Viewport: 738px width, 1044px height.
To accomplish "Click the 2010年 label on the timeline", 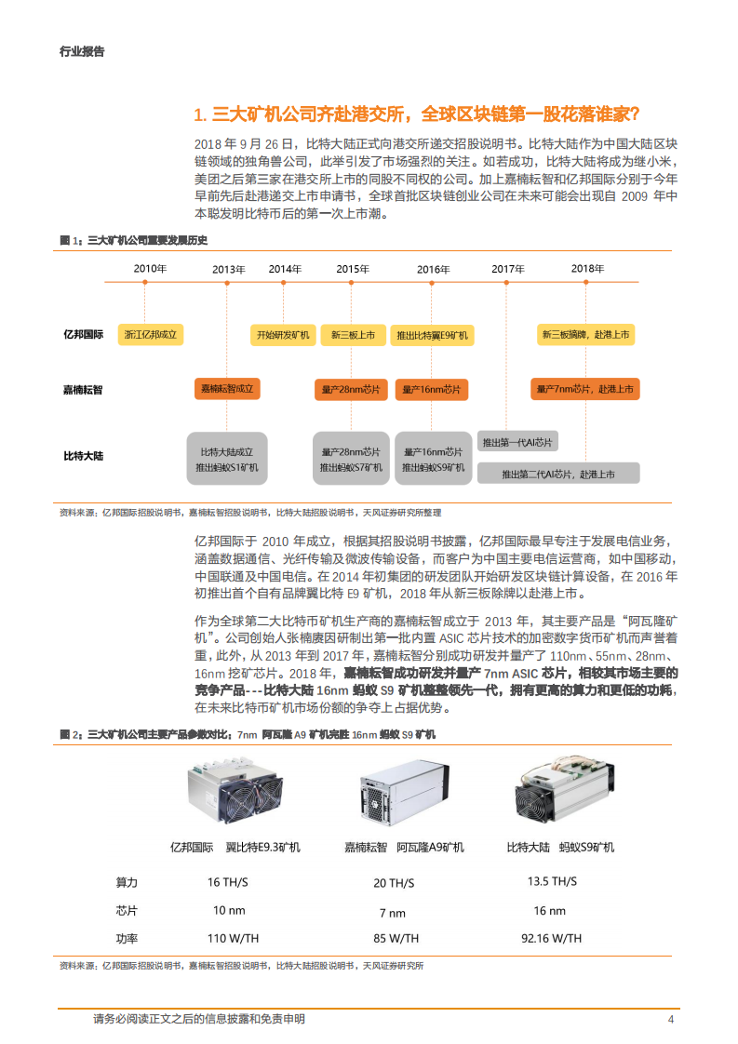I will [x=149, y=269].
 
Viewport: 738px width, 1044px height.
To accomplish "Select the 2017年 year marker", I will [x=508, y=269].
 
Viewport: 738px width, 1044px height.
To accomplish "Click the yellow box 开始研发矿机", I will [x=281, y=334].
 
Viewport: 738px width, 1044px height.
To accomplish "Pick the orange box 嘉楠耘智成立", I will [x=228, y=390].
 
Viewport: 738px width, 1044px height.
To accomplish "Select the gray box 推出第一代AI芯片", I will [x=518, y=442].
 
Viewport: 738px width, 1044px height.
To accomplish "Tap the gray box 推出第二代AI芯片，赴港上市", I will [x=558, y=474].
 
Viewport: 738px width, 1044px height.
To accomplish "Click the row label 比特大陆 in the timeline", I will [x=83, y=456].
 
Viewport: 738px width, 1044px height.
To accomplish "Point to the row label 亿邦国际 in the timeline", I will [x=83, y=334].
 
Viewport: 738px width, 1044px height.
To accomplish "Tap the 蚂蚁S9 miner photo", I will [x=558, y=791].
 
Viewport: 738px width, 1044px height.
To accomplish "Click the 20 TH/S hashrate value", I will [x=394, y=883].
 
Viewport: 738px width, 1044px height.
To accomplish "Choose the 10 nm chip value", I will [x=229, y=910].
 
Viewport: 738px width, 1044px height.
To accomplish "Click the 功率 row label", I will [x=127, y=939].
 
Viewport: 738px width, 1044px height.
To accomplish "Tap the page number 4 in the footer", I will [x=671, y=1020].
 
